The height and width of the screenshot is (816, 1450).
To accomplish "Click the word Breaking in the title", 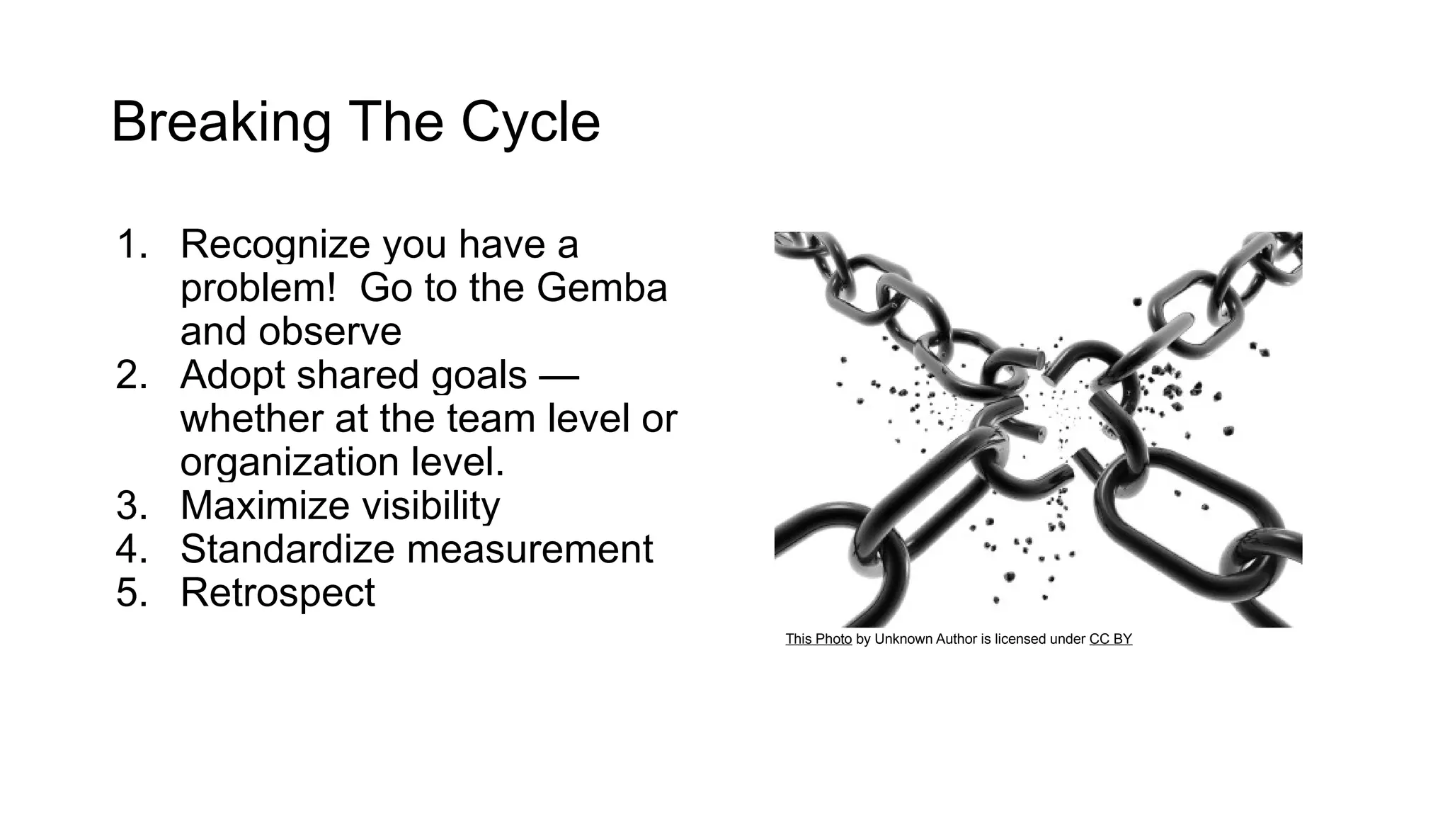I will point(220,123).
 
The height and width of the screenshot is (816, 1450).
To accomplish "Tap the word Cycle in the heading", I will point(530,123).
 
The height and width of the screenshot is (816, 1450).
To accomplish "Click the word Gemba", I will point(602,288).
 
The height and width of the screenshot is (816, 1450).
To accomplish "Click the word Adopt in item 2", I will point(233,375).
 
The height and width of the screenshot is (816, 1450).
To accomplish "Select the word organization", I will point(290,463).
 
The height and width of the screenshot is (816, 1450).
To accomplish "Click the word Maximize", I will point(265,506).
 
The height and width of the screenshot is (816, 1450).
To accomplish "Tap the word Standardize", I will point(287,550).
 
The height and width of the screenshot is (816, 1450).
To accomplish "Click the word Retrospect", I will point(278,593).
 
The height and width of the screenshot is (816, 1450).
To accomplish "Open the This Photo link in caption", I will point(818,639).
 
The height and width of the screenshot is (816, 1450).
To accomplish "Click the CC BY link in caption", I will point(1110,639).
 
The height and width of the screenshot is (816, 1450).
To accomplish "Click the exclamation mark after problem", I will point(330,288).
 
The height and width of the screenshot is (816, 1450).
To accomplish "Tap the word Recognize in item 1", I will point(275,244).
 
